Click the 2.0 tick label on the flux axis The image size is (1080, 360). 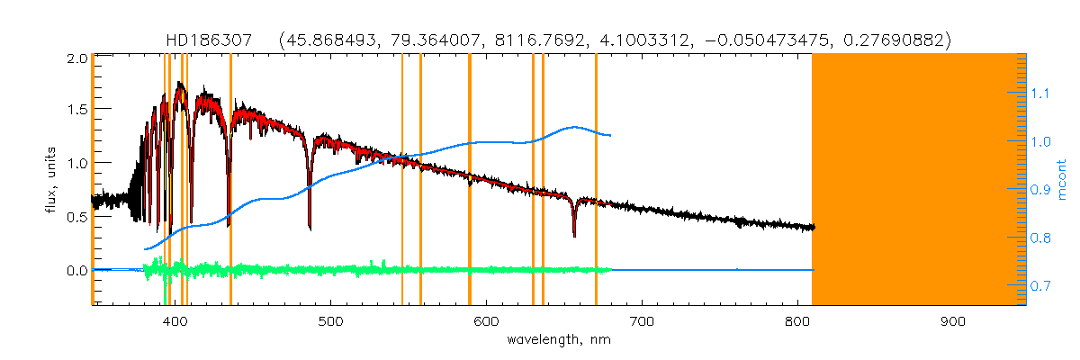[76, 58]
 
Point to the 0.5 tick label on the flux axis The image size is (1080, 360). [76, 217]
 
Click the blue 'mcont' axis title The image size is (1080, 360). [1063, 180]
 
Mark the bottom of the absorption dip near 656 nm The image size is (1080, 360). [574, 236]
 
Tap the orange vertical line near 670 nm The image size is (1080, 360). [596, 180]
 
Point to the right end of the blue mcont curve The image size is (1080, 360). [611, 136]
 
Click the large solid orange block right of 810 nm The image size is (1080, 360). [918, 180]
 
